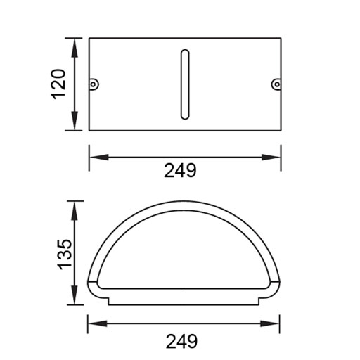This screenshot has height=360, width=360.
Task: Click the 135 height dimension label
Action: pyautogui.click(x=63, y=254)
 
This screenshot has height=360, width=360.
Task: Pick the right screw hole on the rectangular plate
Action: pyautogui.click(x=276, y=85)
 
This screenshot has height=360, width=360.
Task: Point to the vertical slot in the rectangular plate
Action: pyautogui.click(x=185, y=84)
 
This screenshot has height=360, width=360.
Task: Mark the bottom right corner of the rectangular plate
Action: pyautogui.click(x=281, y=130)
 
